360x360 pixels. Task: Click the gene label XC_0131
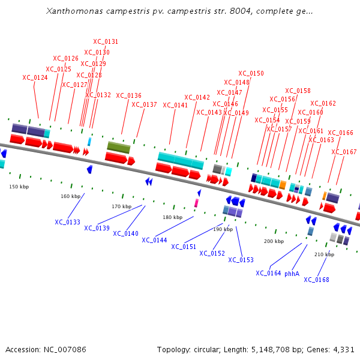pyautogui.click(x=106, y=42)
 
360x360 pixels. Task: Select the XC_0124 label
pyautogui.click(x=35, y=77)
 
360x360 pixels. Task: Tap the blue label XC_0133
pyautogui.click(x=67, y=222)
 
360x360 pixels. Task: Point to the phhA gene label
pyautogui.click(x=292, y=274)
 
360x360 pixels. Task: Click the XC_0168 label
pyautogui.click(x=316, y=280)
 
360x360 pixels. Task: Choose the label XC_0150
pyautogui.click(x=251, y=74)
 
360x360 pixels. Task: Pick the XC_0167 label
pyautogui.click(x=344, y=152)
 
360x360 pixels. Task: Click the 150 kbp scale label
pyautogui.click(x=19, y=187)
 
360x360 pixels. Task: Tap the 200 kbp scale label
pyautogui.click(x=274, y=241)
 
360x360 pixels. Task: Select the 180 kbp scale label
pyautogui.click(x=172, y=217)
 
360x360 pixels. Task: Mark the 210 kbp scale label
pyautogui.click(x=324, y=254)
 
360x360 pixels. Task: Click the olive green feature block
pyautogui.click(x=118, y=147)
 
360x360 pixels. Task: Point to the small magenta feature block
pyautogui.click(x=196, y=203)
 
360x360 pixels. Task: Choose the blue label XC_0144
pyautogui.click(x=154, y=240)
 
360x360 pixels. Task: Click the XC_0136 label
pyautogui.click(x=128, y=95)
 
